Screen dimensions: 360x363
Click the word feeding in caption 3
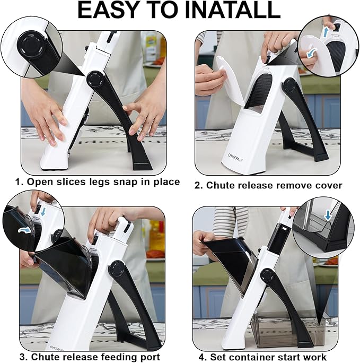click(x=118, y=357)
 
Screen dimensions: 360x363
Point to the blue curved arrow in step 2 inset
click(x=310, y=54)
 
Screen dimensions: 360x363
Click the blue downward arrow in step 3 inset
click(x=43, y=211)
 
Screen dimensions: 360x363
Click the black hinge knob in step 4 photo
click(x=268, y=276)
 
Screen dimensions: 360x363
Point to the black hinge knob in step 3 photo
click(x=117, y=268)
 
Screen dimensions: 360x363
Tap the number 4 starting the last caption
click(x=202, y=357)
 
